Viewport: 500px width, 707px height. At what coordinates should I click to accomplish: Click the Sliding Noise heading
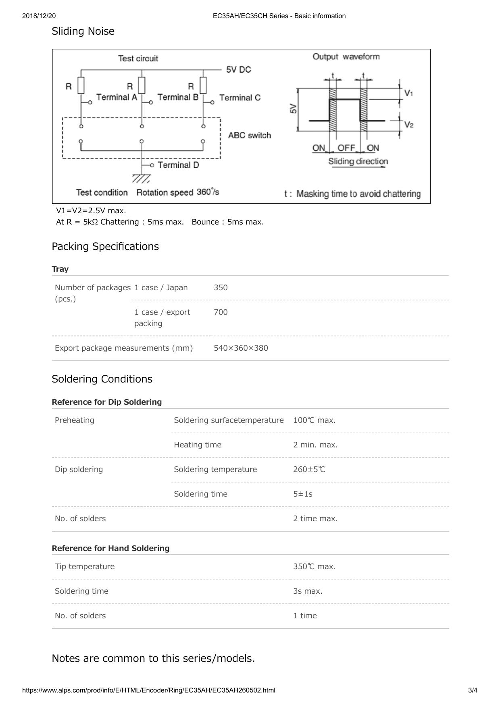[83, 31]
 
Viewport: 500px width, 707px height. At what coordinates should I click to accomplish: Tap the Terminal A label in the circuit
[117, 97]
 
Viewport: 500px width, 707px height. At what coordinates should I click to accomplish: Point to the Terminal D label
[178, 165]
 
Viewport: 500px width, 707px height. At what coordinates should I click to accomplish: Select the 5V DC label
[238, 70]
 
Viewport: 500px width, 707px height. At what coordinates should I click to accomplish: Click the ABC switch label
[250, 135]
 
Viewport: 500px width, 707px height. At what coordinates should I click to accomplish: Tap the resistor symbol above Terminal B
[203, 85]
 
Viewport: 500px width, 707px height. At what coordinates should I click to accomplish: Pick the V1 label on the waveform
[408, 93]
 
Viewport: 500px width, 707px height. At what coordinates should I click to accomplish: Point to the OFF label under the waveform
[346, 148]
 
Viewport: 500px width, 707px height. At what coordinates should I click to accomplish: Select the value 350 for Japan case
[221, 288]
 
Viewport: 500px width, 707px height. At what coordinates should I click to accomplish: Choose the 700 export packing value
[221, 312]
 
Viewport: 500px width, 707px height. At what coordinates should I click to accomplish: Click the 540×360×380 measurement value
[241, 348]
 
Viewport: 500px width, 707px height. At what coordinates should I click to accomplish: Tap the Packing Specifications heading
[105, 247]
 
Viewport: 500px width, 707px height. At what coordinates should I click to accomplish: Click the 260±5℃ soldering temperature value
[309, 470]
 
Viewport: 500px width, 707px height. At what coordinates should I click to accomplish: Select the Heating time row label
[198, 445]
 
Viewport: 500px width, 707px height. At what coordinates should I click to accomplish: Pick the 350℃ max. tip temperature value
[315, 567]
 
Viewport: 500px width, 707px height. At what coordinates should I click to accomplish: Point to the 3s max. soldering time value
[308, 591]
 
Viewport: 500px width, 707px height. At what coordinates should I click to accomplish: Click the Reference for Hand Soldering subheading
[110, 549]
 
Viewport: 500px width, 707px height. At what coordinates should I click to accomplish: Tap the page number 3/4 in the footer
[473, 690]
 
